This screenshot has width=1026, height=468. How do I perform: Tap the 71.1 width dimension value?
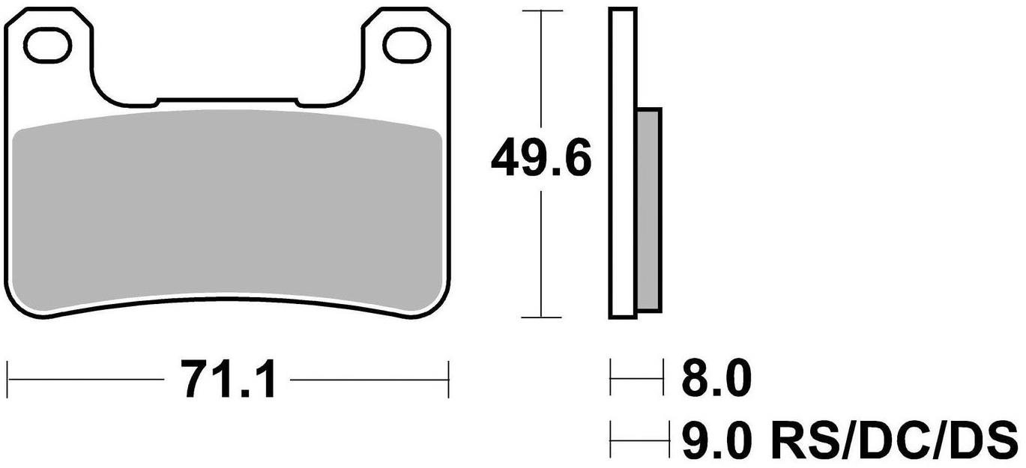[x=228, y=380]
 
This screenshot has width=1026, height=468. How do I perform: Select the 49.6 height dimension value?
[x=541, y=159]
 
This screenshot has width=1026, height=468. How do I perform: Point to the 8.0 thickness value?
[x=716, y=380]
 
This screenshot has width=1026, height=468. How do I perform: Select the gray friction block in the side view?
[x=648, y=210]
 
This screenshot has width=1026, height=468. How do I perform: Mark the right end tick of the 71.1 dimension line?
[x=447, y=380]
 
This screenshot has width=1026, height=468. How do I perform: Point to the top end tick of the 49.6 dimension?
[x=541, y=11]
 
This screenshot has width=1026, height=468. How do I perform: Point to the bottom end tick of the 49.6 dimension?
[x=541, y=317]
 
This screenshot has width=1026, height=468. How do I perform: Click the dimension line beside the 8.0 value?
[x=637, y=380]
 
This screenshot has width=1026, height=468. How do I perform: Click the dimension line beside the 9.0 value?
[x=639, y=434]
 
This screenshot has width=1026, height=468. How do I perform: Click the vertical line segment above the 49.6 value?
[x=541, y=75]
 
